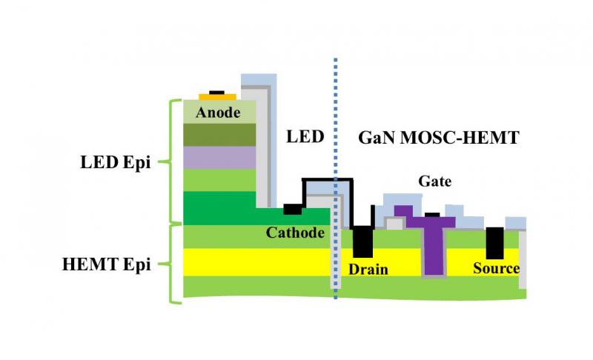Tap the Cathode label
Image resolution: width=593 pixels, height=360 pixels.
pyautogui.click(x=296, y=233)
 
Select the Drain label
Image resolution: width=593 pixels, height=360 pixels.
pyautogui.click(x=368, y=268)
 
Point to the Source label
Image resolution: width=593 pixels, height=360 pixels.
pyautogui.click(x=496, y=267)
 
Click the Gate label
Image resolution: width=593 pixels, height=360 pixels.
pyautogui.click(x=435, y=181)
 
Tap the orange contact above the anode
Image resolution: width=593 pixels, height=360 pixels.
pyautogui.click(x=217, y=97)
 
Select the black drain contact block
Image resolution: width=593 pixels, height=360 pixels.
pyautogui.click(x=362, y=241)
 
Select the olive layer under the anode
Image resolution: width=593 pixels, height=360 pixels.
pyautogui.click(x=219, y=134)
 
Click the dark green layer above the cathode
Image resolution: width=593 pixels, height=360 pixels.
pyautogui.click(x=219, y=207)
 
